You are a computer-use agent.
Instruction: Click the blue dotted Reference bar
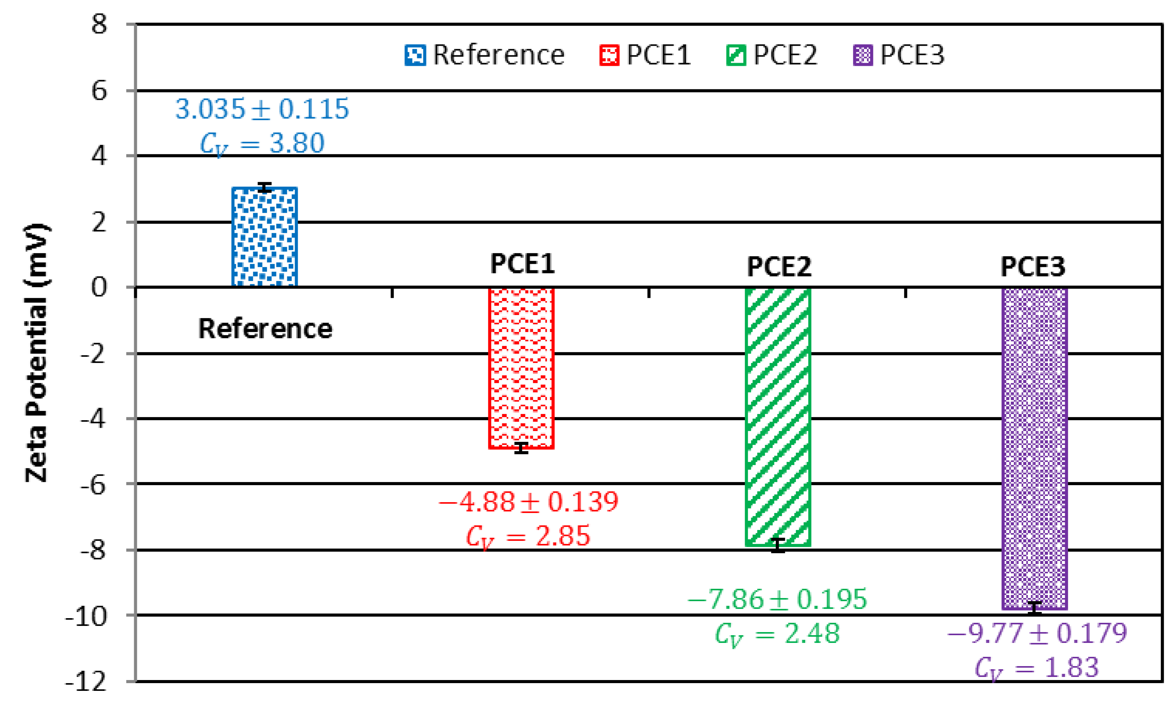tap(264, 237)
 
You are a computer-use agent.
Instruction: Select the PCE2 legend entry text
tap(785, 55)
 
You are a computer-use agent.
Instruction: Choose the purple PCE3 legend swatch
tap(862, 55)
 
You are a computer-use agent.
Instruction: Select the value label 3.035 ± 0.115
tap(262, 109)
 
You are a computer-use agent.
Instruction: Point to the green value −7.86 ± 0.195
tap(777, 599)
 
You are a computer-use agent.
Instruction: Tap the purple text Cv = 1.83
tap(1036, 668)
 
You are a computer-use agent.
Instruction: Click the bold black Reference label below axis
tap(265, 329)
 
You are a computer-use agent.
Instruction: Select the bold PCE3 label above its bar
tap(1033, 267)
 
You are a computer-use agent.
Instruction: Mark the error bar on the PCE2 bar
tap(777, 545)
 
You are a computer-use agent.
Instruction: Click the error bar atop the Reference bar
tap(264, 188)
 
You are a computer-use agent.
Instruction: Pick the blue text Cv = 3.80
tap(262, 143)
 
